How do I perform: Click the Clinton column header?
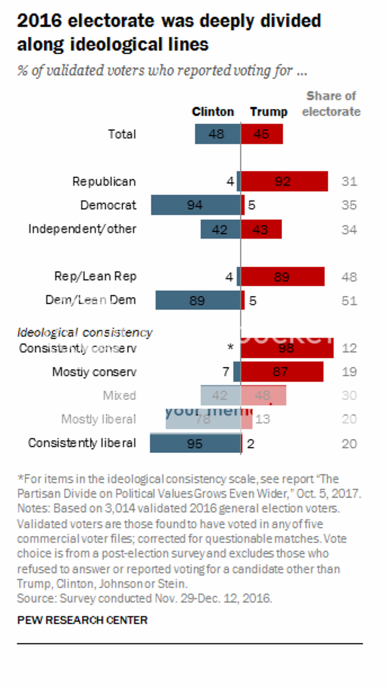pyautogui.click(x=213, y=112)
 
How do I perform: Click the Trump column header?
pyautogui.click(x=268, y=112)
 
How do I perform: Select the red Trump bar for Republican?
pyautogui.click(x=285, y=182)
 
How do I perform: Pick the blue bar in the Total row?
pyautogui.click(x=218, y=134)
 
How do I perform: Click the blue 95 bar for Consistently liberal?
pyautogui.click(x=195, y=443)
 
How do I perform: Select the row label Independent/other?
pyautogui.click(x=82, y=228)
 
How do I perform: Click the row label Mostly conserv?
pyautogui.click(x=94, y=372)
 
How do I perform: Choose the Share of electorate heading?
pyautogui.click(x=331, y=104)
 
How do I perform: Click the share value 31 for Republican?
pyautogui.click(x=348, y=182)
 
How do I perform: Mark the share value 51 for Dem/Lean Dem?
pyautogui.click(x=348, y=300)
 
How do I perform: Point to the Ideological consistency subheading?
pyautogui.click(x=84, y=332)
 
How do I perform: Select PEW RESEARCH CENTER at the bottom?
pyautogui.click(x=82, y=619)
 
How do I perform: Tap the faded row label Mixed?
pyautogui.click(x=119, y=396)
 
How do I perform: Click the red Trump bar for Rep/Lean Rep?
pyautogui.click(x=283, y=277)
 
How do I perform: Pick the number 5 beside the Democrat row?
pyautogui.click(x=252, y=205)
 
